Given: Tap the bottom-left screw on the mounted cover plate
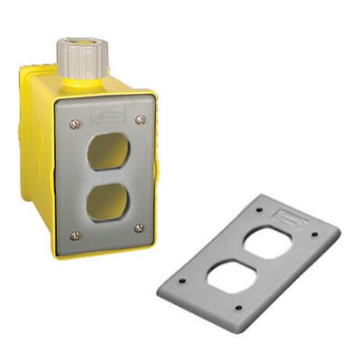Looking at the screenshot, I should [x=74, y=236].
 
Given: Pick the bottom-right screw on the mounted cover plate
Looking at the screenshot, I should [x=138, y=227].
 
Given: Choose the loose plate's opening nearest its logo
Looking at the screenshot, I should [x=272, y=243].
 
